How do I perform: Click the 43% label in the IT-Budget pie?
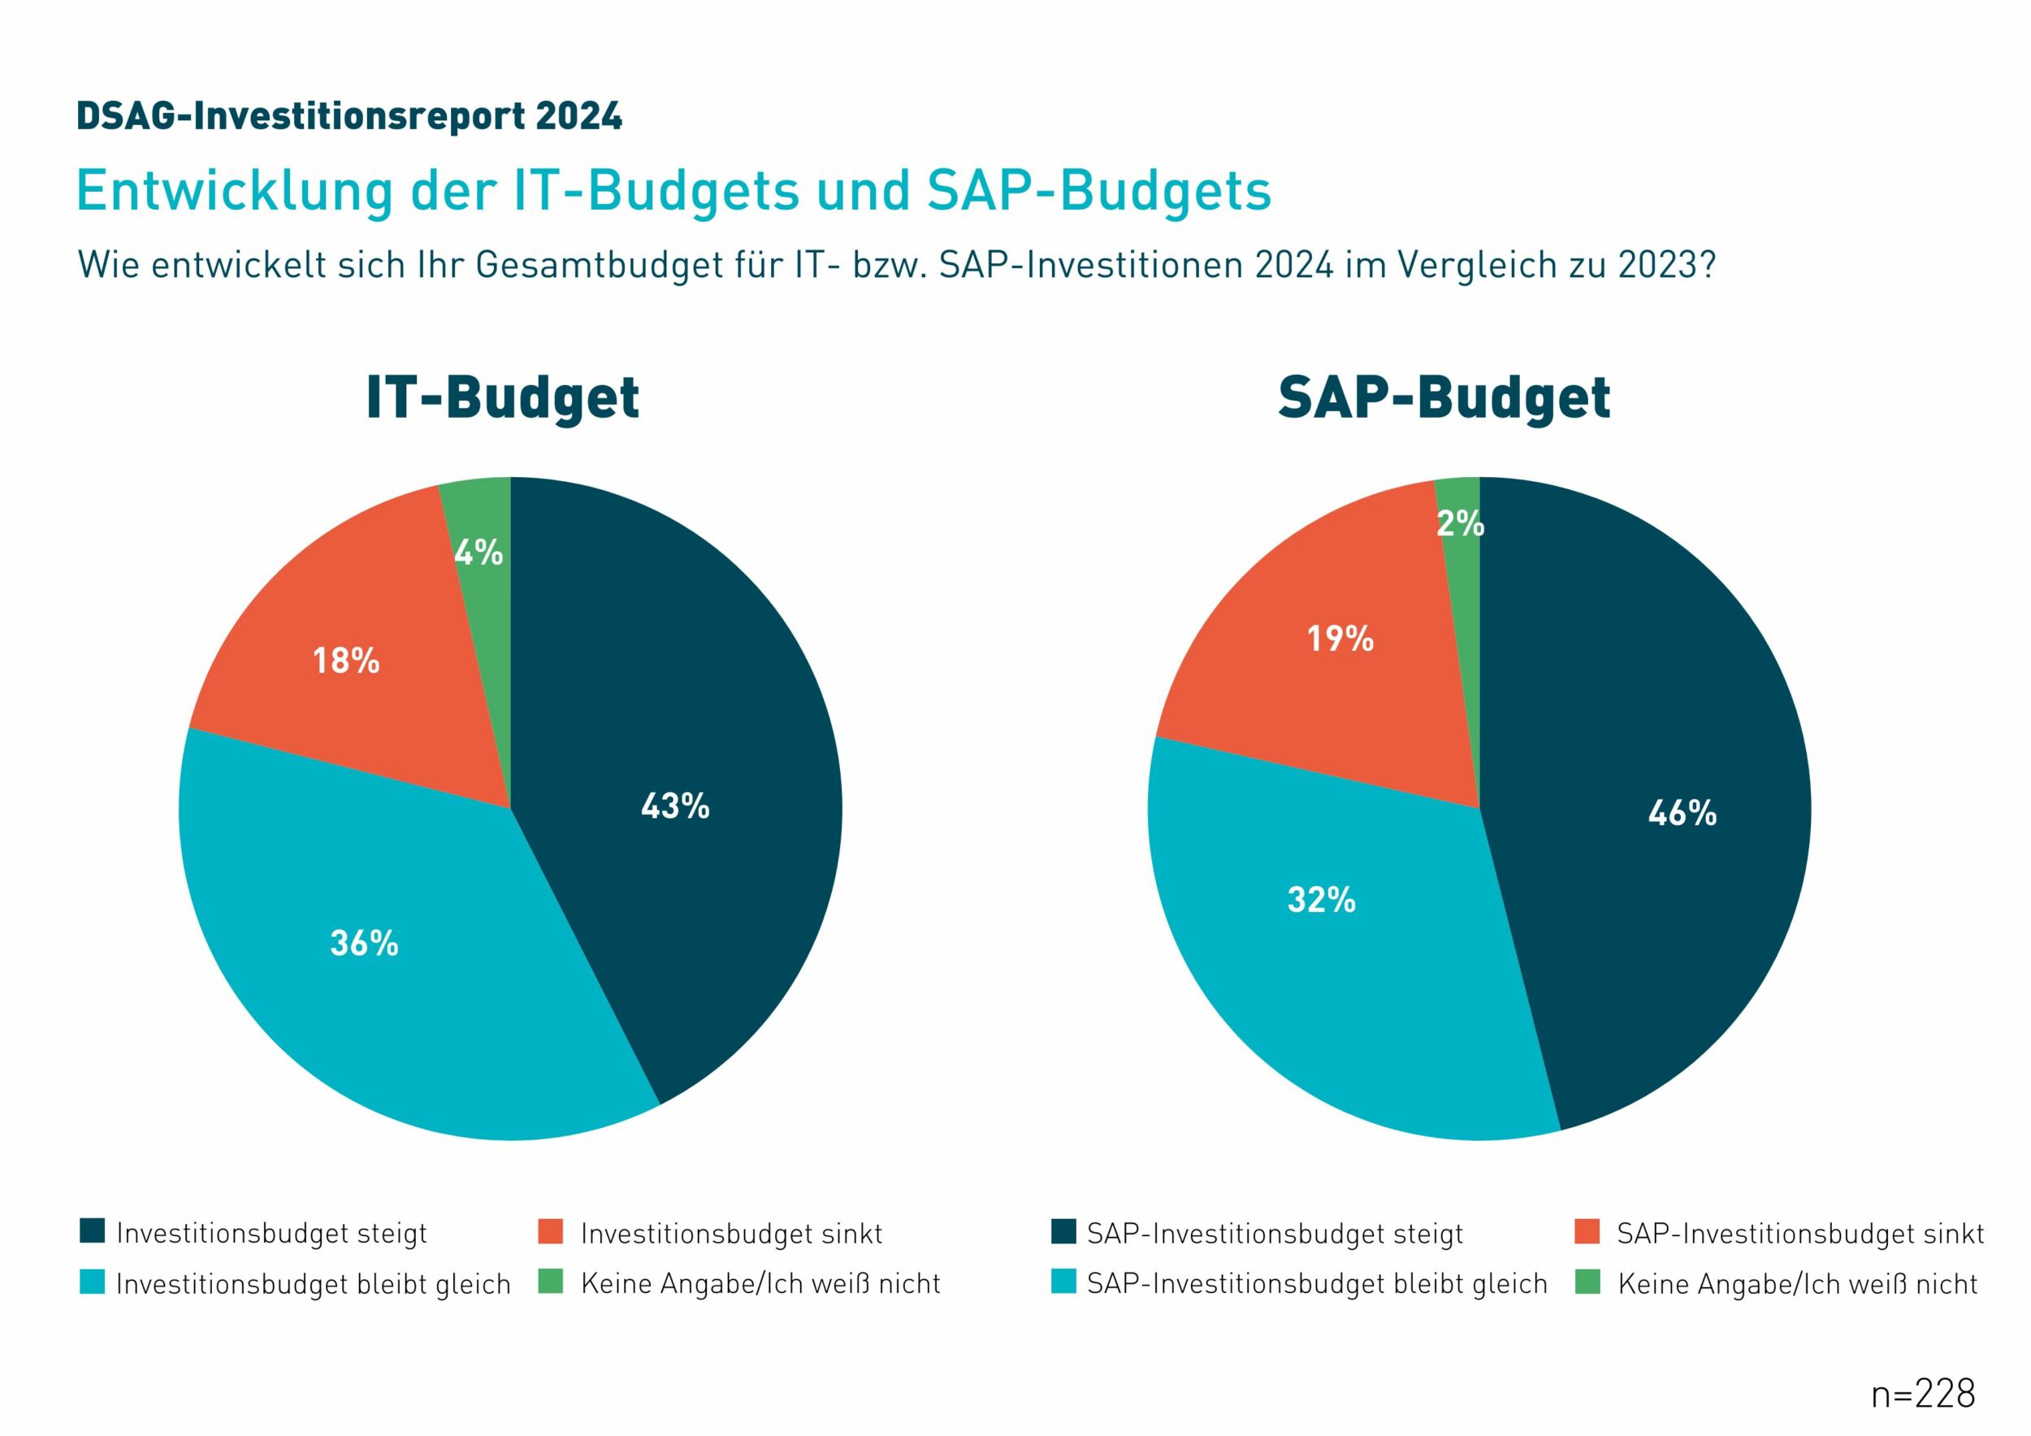pyautogui.click(x=675, y=806)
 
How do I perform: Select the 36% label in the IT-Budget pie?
pyautogui.click(x=364, y=944)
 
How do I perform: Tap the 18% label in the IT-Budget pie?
pyautogui.click(x=346, y=660)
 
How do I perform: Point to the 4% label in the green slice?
pyautogui.click(x=479, y=553)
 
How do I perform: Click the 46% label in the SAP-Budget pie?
pyautogui.click(x=1682, y=812)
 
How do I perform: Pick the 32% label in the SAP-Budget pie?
pyautogui.click(x=1321, y=900)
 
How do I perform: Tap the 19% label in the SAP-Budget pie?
pyautogui.click(x=1340, y=638)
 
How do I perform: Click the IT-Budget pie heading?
pyautogui.click(x=502, y=398)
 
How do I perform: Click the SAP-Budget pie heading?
pyautogui.click(x=1444, y=398)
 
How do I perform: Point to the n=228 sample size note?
pyautogui.click(x=1922, y=1395)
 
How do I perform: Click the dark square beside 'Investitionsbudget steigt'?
pyautogui.click(x=92, y=1230)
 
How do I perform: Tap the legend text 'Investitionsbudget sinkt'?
pyautogui.click(x=730, y=1234)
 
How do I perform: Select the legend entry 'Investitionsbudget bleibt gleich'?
pyautogui.click(x=313, y=1284)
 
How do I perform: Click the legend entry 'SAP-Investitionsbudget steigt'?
pyautogui.click(x=1275, y=1234)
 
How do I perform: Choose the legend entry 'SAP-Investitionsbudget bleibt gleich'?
pyautogui.click(x=1316, y=1284)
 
